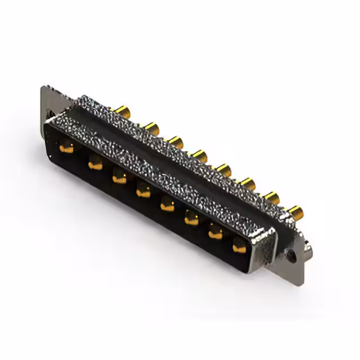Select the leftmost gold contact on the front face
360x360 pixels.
coord(66,149)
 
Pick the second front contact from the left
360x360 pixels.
coord(94,164)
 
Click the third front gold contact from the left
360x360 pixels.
coord(119,178)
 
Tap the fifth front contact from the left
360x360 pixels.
coord(168,205)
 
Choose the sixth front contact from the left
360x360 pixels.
coord(192,219)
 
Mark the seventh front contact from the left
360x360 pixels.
coord(216,232)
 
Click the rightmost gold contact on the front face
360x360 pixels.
coord(240,246)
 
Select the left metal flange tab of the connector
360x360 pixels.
coord(49,104)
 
